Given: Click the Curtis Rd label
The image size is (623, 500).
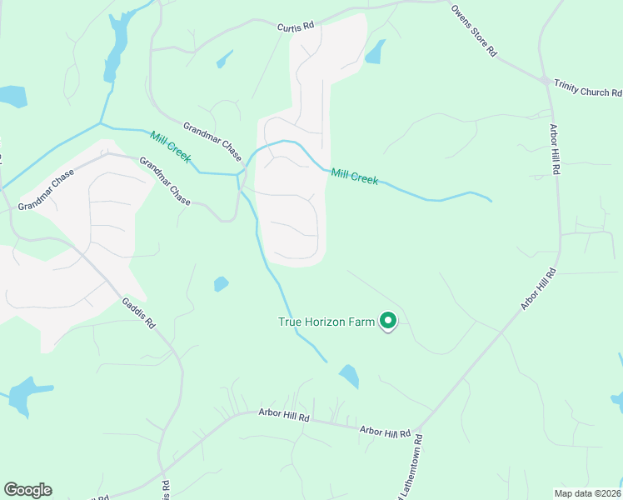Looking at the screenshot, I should [x=296, y=27].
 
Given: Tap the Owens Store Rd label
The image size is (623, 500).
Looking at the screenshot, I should [x=474, y=30].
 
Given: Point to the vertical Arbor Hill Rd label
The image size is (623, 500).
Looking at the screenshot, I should [x=556, y=149].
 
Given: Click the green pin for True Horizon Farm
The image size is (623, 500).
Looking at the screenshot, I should [x=387, y=320].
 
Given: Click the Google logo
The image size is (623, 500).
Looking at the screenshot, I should [x=27, y=490].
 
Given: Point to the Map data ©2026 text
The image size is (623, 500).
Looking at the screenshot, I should [x=587, y=492].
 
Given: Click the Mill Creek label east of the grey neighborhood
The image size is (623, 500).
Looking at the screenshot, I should [x=354, y=176].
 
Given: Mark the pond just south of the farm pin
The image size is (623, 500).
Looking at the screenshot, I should [x=349, y=377].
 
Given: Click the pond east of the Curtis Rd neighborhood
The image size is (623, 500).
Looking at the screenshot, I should [x=376, y=52].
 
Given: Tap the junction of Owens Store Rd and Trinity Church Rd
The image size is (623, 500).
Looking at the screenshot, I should [x=544, y=82].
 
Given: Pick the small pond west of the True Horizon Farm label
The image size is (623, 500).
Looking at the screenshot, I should [x=221, y=284].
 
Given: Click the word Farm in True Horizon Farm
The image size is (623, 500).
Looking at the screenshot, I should [x=361, y=322].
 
